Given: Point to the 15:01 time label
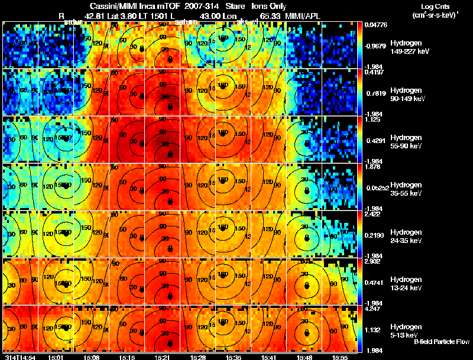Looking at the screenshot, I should coord(57,356).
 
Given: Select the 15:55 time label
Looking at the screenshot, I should coord(340,356).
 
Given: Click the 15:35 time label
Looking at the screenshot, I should coord(234,356).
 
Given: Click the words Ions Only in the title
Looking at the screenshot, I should coord(269,6).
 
